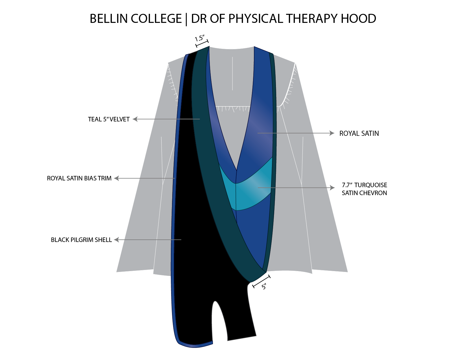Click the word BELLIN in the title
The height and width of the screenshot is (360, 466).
pos(109,18)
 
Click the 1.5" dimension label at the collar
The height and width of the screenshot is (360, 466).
pos(199,38)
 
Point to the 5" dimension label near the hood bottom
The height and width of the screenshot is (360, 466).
pos(264,287)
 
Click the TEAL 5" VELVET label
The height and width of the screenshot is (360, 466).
pos(109,119)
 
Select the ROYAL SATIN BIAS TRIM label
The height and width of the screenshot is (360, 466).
pos(79,178)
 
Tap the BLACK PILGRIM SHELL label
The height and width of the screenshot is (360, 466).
pos(81,240)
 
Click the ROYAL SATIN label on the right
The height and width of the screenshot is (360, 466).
pos(359,133)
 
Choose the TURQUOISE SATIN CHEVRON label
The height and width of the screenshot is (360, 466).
pos(364,189)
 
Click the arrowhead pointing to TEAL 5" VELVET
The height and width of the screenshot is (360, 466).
pos(135,119)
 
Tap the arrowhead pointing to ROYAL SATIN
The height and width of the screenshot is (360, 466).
pos(332,133)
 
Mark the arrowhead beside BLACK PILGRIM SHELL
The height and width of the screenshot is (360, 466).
pos(116,239)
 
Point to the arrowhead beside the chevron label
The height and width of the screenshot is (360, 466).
pos(332,187)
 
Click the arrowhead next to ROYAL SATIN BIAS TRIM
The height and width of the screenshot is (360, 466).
pos(116,178)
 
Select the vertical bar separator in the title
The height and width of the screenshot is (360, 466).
pos(186,19)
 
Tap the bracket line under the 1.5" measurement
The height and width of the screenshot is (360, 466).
pos(202,43)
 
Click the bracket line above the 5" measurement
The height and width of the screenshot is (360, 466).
pos(261,281)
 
